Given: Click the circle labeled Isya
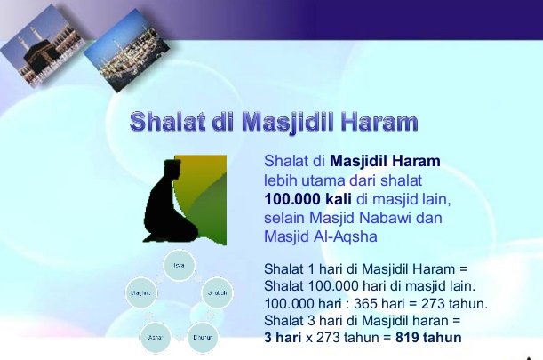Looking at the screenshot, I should point(178,265).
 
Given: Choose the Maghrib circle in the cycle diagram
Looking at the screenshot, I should point(140,292).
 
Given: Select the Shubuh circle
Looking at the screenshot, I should point(215,292).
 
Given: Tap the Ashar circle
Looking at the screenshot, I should point(155,337).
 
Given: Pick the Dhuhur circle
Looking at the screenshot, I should point(202,337).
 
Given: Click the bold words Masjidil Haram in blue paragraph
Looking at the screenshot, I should point(385,162).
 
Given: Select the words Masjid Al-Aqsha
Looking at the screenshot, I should point(321,236).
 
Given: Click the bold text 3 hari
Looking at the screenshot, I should point(286,338).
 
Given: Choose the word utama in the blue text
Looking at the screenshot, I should point(323,179).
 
